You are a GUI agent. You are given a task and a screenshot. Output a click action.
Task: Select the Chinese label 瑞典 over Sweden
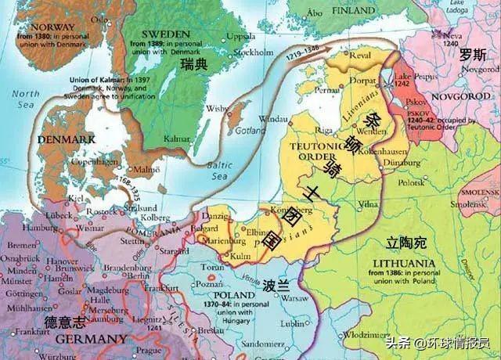click(193, 65)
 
